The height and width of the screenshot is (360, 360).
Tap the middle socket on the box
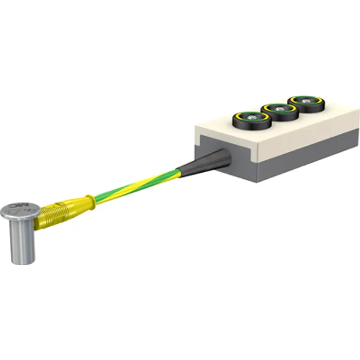click(x=279, y=109)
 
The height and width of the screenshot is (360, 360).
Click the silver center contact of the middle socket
click(x=280, y=108)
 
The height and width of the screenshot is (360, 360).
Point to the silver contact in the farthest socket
click(x=307, y=100)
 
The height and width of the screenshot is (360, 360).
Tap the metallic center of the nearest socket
click(x=251, y=117)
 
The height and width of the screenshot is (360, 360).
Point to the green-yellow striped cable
click(x=138, y=184)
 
